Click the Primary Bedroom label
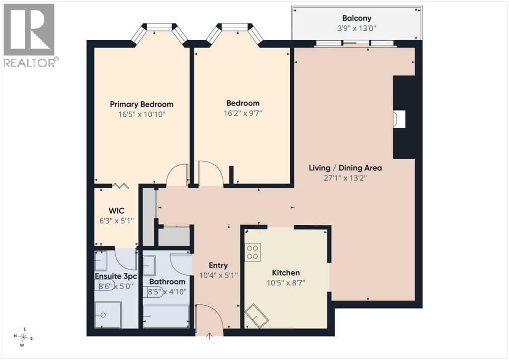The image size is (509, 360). (142, 104)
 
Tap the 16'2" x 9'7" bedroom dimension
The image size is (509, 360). (243, 113)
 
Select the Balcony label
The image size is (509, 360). (357, 18)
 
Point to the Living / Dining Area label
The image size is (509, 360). (345, 168)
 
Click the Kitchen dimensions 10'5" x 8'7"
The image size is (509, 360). (286, 283)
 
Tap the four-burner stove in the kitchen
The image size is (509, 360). (253, 252)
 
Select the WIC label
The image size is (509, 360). (116, 211)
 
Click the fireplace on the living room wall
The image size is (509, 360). (399, 118)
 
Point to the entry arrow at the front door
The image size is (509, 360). (210, 336)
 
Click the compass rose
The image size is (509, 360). (23, 337)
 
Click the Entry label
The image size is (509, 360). (218, 266)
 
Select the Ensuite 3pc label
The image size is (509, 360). (116, 276)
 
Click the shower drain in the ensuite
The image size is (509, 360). (103, 315)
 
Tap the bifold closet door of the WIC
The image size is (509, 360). (120, 185)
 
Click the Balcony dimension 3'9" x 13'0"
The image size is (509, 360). (356, 28)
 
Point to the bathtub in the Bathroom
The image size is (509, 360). (166, 317)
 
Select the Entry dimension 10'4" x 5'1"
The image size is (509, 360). (218, 275)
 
